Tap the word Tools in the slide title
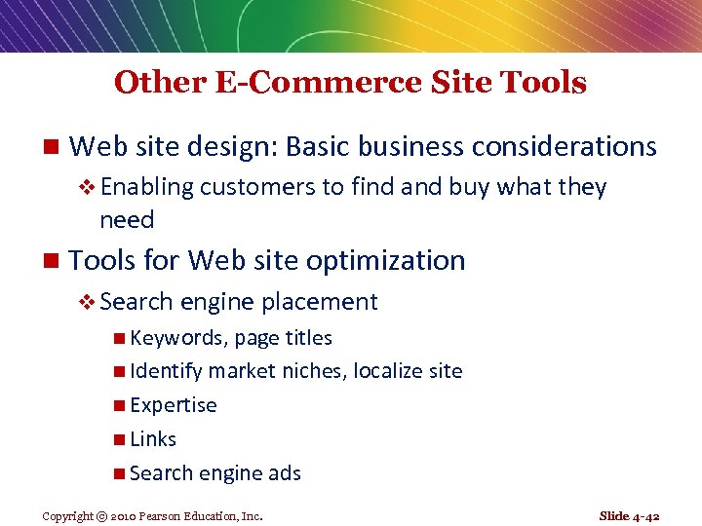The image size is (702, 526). coord(539,83)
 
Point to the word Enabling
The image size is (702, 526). coord(147,187)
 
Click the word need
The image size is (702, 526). coord(127,220)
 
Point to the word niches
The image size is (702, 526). coord(312,371)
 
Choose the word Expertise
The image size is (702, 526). coord(173,405)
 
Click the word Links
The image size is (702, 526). coord(153,439)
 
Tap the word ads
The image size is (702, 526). coord(285,473)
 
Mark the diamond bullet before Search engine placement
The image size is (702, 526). coord(88,303)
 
